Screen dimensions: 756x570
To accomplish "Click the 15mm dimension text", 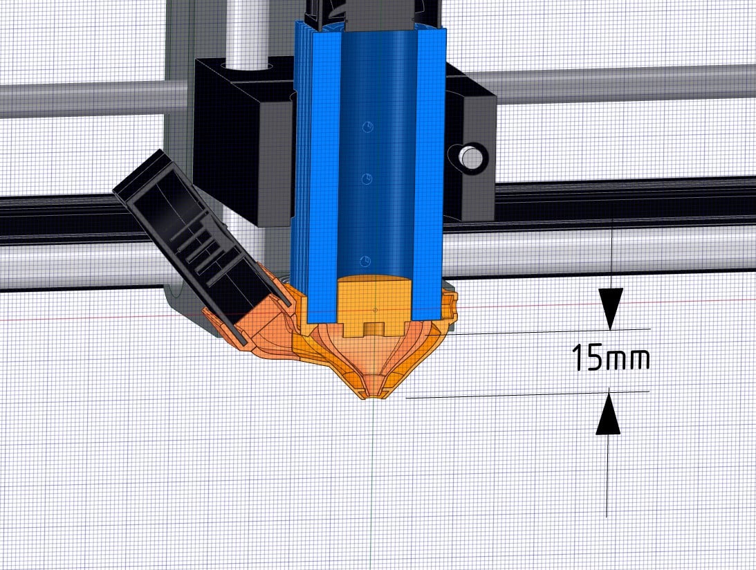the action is tap(610, 358).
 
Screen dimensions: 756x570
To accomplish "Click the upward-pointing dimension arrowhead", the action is tap(608, 414).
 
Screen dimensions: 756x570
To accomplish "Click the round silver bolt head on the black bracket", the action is tap(469, 157).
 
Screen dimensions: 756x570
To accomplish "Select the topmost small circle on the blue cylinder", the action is tap(368, 127).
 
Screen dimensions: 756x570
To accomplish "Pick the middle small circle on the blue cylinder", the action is tap(367, 179).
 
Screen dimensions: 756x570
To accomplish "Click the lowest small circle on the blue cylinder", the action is tap(365, 261).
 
